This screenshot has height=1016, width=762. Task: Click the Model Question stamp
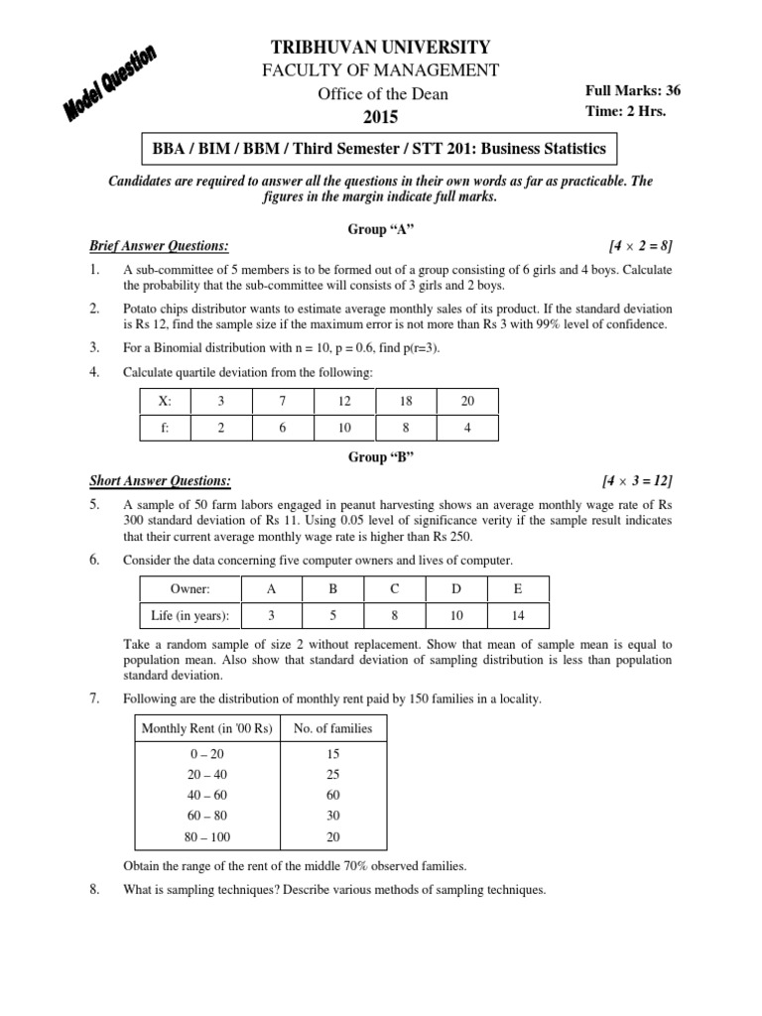111,85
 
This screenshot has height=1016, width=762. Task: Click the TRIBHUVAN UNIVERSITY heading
382,47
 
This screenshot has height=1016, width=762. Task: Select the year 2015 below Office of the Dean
381,117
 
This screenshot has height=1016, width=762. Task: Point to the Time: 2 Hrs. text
626,111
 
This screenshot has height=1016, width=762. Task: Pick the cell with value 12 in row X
343,401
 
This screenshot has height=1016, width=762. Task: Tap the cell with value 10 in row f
343,428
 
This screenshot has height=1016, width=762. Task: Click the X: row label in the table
164,401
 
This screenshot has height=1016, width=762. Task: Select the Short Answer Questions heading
161,480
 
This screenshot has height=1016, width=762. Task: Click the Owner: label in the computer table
190,588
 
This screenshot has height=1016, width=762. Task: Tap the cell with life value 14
517,615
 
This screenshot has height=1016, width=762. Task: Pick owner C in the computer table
394,588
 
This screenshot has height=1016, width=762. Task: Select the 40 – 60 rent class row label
207,795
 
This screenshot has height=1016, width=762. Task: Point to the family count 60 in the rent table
333,795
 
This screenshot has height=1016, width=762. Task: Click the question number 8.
94,889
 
